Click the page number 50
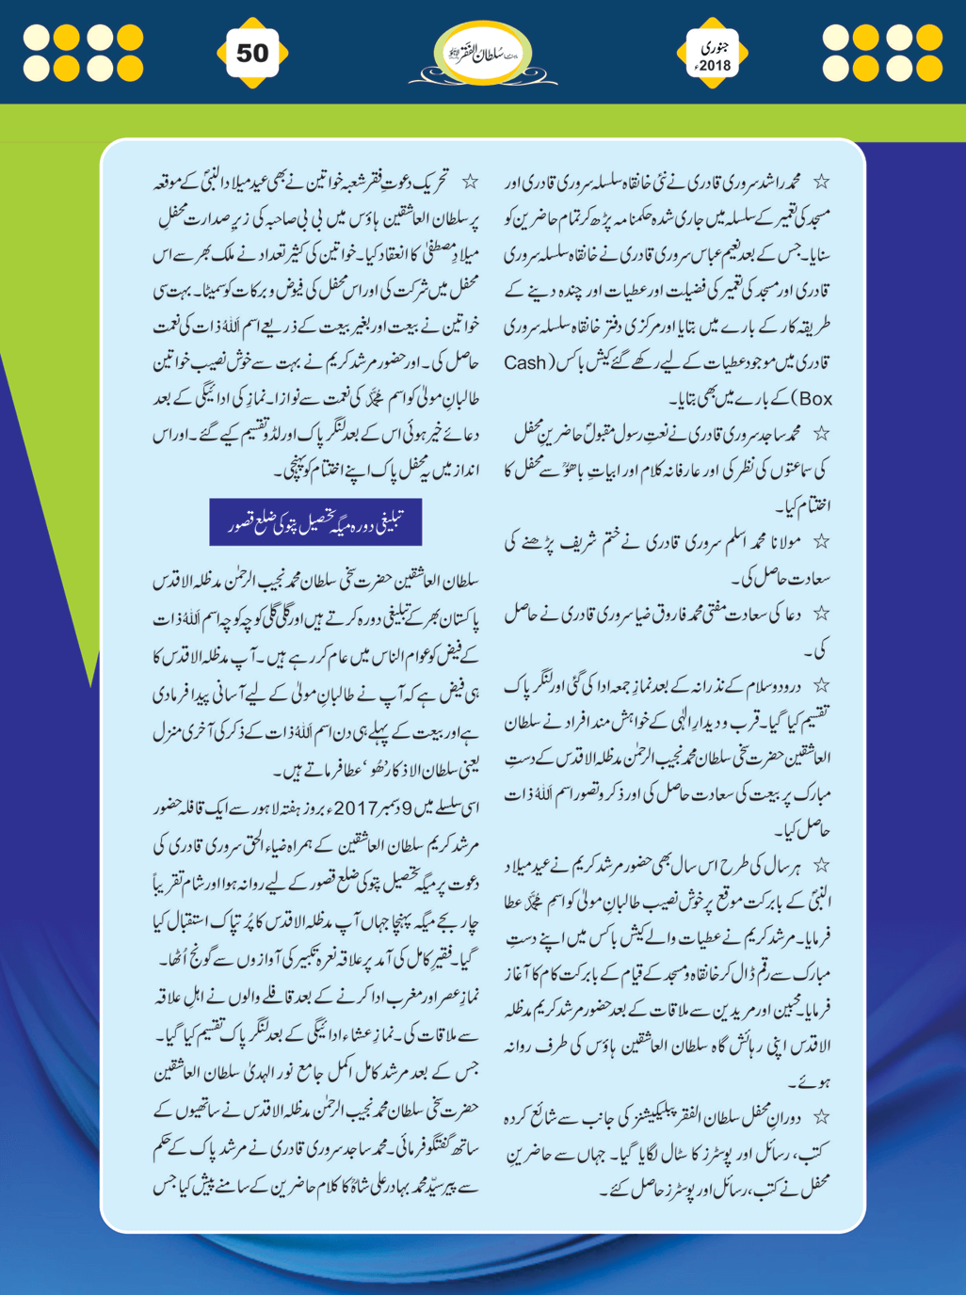(251, 53)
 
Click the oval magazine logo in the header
(482, 55)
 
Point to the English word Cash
(525, 363)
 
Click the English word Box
(814, 399)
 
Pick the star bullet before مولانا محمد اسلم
(822, 542)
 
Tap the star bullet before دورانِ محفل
(822, 1117)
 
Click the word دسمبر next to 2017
(394, 807)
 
